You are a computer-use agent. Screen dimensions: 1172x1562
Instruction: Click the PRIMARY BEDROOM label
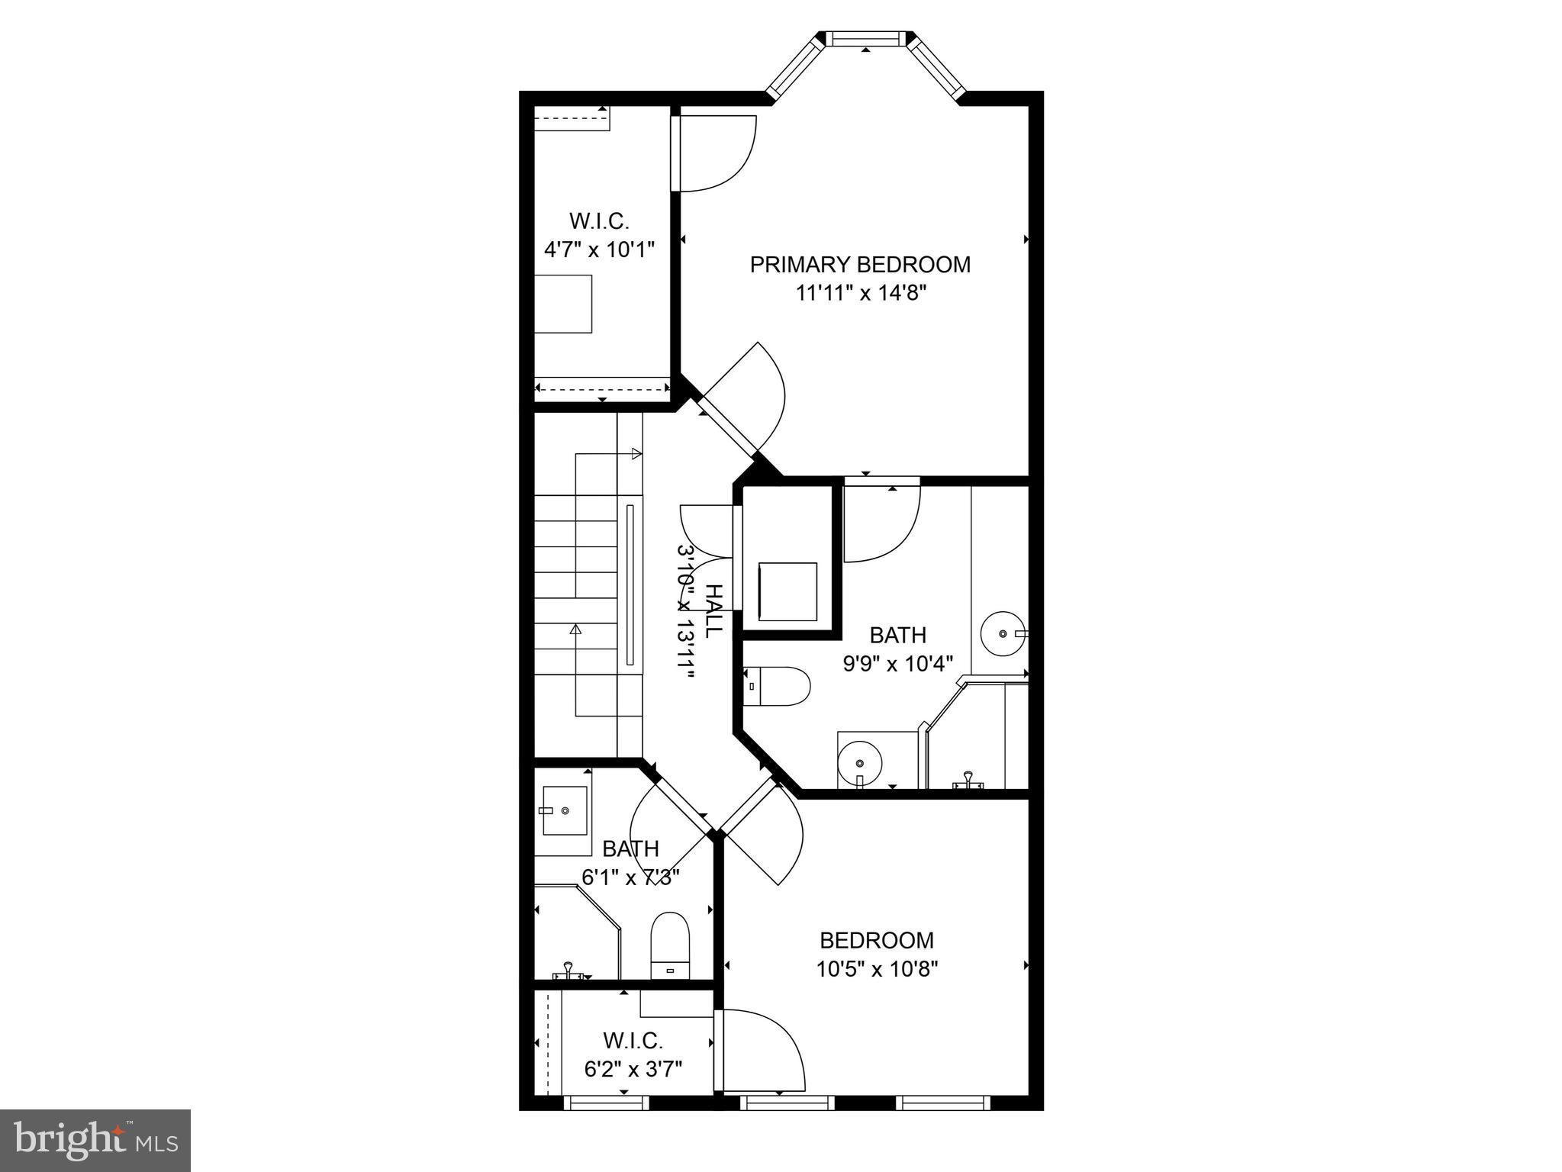860,265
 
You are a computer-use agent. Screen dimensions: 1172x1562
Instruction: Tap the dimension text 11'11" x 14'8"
860,293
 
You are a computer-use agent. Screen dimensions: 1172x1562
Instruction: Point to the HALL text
714,611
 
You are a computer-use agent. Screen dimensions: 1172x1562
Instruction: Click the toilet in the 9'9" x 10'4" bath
777,687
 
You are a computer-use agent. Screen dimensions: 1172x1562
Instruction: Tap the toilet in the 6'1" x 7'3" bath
670,946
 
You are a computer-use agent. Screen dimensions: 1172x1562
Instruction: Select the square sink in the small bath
565,810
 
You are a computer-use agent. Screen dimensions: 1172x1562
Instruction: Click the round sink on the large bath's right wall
1003,633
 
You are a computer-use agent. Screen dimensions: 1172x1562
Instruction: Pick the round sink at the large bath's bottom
859,762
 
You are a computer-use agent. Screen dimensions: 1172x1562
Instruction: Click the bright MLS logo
95,1141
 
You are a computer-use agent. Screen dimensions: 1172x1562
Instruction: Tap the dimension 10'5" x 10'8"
877,970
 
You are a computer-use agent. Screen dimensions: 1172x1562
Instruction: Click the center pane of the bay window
865,39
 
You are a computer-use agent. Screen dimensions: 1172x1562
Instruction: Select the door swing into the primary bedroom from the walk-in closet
716,153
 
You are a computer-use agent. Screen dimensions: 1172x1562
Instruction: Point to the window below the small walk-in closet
606,1103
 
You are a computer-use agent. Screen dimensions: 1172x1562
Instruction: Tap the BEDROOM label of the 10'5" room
877,940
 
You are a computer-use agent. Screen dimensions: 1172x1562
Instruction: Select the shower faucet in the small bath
568,971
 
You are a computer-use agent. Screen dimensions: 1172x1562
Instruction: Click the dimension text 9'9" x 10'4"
898,664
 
